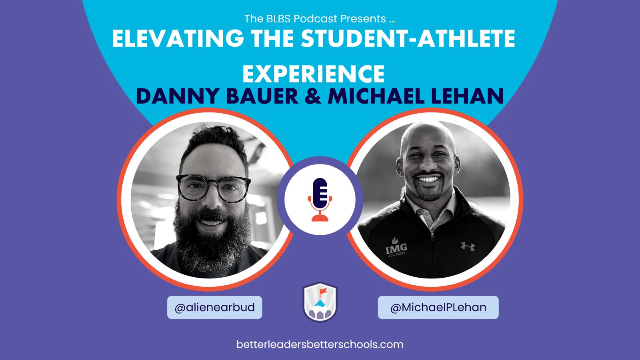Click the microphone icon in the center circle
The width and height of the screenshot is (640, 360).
[320, 200]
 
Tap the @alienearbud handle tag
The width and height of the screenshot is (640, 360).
[214, 308]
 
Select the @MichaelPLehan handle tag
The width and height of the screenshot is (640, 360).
[438, 308]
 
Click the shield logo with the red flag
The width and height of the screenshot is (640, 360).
[320, 302]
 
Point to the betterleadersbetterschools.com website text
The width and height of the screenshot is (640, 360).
[320, 344]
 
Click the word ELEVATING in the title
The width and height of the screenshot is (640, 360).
[178, 38]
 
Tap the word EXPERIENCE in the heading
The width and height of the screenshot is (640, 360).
[314, 74]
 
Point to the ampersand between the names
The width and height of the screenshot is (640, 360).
[313, 96]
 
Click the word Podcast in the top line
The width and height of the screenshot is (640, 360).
[316, 19]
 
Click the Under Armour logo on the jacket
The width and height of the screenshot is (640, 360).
[468, 246]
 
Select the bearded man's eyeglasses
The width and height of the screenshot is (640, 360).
[214, 188]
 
